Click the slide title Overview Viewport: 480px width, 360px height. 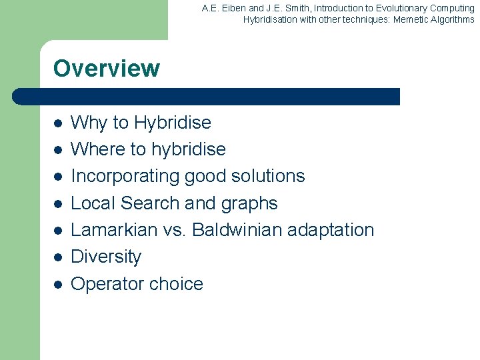point(106,69)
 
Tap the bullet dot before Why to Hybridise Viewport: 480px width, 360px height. point(58,123)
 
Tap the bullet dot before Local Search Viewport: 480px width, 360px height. point(58,204)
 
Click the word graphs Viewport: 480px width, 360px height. point(251,203)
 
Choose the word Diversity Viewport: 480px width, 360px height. point(106,257)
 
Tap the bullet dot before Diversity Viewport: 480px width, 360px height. point(58,257)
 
